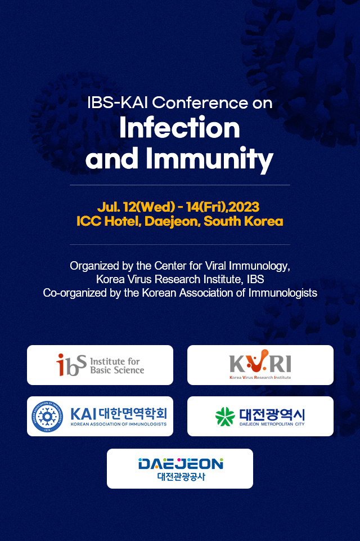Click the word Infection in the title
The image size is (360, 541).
click(179, 128)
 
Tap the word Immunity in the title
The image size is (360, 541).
click(209, 159)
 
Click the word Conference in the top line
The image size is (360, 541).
click(200, 103)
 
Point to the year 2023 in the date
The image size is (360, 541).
click(244, 207)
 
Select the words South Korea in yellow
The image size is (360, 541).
click(244, 221)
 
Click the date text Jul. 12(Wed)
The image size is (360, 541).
click(136, 207)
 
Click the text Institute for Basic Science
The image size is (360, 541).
click(117, 366)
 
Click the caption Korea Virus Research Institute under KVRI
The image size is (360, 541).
click(260, 377)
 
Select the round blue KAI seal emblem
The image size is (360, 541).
click(47, 417)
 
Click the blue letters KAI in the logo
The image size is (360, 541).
click(83, 414)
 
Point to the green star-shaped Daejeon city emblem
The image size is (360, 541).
click(225, 417)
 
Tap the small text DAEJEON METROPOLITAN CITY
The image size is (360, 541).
click(272, 424)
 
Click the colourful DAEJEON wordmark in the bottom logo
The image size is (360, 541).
click(181, 464)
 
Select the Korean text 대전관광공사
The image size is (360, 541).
click(181, 477)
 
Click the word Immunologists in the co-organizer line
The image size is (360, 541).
click(283, 293)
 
